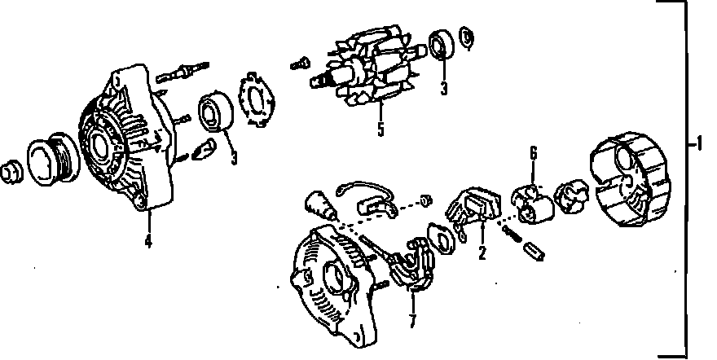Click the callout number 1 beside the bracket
pos(698,144)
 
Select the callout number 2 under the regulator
pos(482,252)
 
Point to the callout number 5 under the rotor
pos(381,130)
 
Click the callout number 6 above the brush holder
pos(534,153)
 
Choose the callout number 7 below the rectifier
pos(412,321)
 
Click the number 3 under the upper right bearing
pos(444,88)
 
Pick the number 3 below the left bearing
pos(234,158)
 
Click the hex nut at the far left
pos(11,172)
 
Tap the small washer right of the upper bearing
pos(466,37)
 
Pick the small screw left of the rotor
pos(301,64)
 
